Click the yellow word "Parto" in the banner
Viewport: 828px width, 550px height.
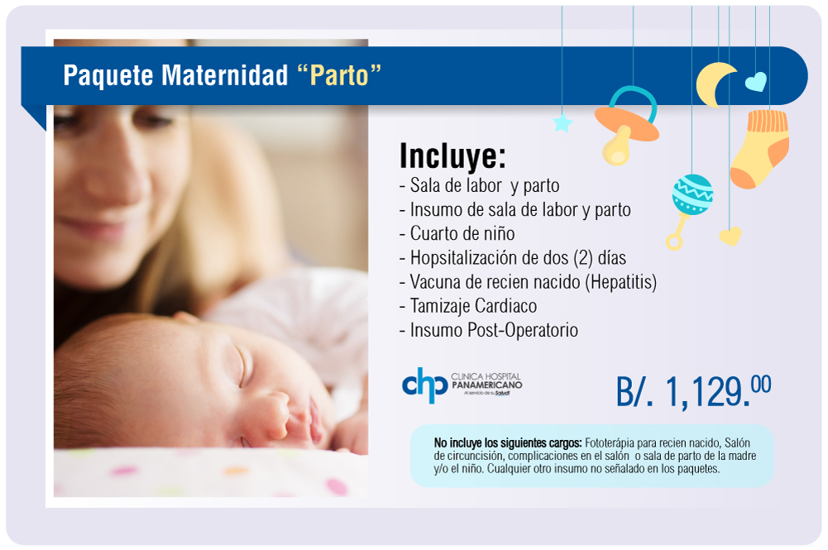click(x=339, y=75)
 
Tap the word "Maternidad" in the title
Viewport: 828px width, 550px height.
click(x=224, y=74)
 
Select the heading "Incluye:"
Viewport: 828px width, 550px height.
click(x=452, y=156)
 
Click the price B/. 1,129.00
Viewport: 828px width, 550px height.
click(x=693, y=391)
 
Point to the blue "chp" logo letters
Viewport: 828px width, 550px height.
click(x=424, y=385)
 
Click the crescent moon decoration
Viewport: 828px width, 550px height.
click(x=715, y=84)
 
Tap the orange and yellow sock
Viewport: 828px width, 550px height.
click(x=759, y=149)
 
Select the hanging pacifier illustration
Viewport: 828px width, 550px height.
click(x=627, y=126)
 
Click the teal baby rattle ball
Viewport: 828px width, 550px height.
click(x=692, y=194)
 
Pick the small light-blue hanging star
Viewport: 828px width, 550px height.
click(x=562, y=123)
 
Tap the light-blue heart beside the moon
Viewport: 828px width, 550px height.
click(x=756, y=82)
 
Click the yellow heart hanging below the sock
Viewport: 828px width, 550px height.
click(x=730, y=236)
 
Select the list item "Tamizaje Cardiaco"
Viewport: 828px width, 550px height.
click(x=473, y=306)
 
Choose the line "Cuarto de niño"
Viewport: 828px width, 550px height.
click(x=462, y=233)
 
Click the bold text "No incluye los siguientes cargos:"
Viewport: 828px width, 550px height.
click(x=508, y=442)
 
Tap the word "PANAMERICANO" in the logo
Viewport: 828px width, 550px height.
click(x=486, y=385)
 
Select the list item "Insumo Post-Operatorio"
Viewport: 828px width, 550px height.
click(x=494, y=331)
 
